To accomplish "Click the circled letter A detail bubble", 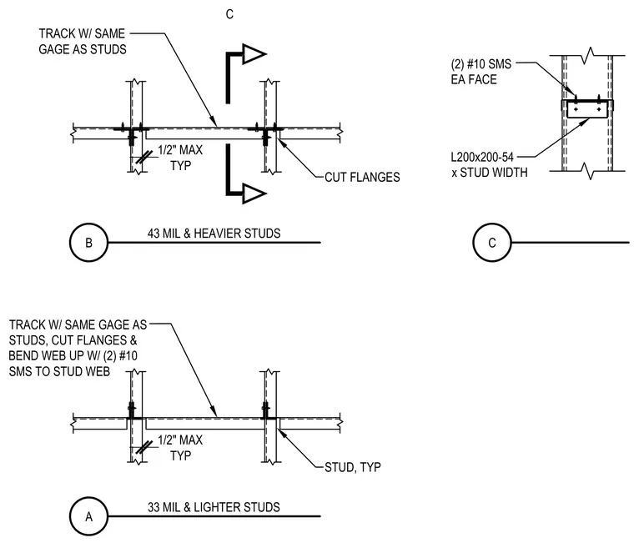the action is [89, 516].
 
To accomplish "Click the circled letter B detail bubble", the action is [89, 242].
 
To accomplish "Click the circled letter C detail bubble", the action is [492, 242].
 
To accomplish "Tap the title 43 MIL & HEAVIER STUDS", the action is [214, 234].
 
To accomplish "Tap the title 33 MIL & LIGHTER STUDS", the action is [214, 507].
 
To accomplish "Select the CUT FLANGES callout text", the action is [362, 177].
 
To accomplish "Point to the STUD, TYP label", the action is [353, 467].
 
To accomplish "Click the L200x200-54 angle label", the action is [482, 157].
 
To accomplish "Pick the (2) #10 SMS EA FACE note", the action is [481, 72].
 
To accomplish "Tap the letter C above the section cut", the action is [229, 14].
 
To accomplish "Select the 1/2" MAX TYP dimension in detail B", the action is [180, 158].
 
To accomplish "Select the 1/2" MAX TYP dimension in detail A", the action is [180, 448].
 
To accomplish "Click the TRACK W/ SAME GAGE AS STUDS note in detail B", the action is [82, 41].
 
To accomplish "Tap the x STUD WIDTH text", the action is [490, 173].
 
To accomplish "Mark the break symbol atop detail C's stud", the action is [591, 55].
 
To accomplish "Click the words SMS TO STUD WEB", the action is [59, 372].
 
